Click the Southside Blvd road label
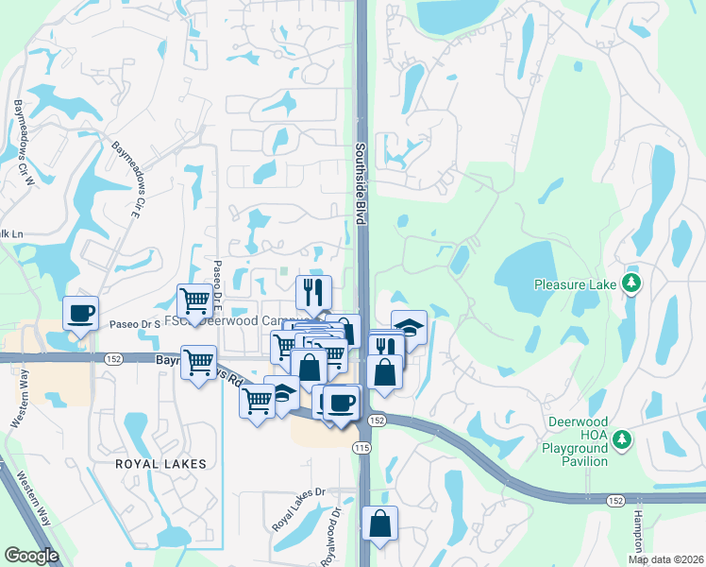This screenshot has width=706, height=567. tap(361, 183)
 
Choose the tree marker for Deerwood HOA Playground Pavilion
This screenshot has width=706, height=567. tap(621, 438)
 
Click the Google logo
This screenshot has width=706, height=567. tap(31, 555)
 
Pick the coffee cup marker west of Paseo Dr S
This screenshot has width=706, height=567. tap(80, 312)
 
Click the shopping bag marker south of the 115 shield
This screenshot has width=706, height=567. tap(379, 523)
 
